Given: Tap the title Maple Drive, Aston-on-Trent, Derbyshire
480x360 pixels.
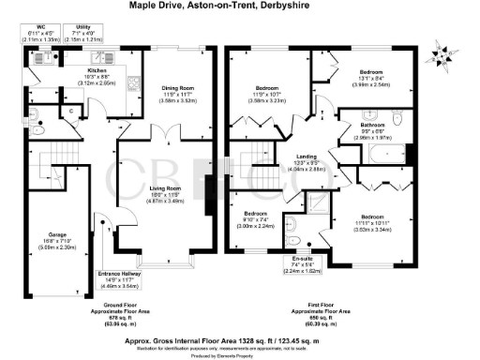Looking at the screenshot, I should (x=241, y=6).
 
